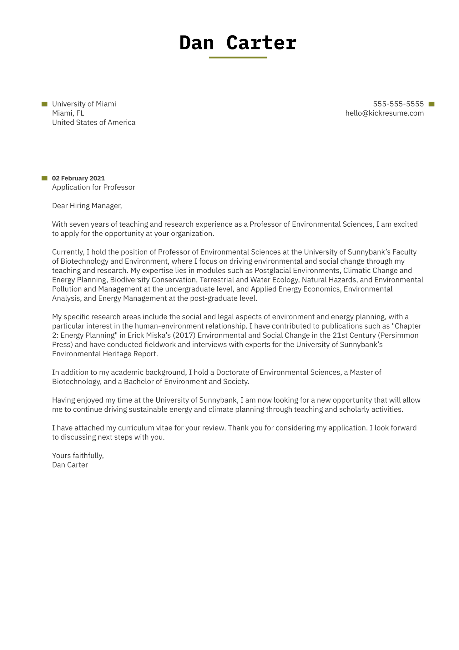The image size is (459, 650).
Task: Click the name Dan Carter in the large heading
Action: point(238,43)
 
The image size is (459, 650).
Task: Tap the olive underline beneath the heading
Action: point(238,58)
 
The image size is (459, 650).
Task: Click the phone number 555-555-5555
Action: point(398,104)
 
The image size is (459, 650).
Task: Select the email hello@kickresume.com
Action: point(384,113)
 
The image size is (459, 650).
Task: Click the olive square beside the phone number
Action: point(431,104)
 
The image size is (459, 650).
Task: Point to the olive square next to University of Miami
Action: point(44,104)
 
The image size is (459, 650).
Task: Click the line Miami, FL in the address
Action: point(68,113)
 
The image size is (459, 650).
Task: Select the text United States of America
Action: point(93,122)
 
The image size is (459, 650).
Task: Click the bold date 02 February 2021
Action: point(78,178)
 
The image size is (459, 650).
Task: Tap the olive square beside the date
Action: point(44,178)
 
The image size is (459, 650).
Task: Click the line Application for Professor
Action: point(93,187)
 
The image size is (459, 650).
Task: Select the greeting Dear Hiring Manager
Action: point(87,206)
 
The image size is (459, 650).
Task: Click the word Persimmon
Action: point(403,335)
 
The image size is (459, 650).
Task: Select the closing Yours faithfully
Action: point(78,456)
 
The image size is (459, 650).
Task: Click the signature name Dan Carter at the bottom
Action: point(70,465)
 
